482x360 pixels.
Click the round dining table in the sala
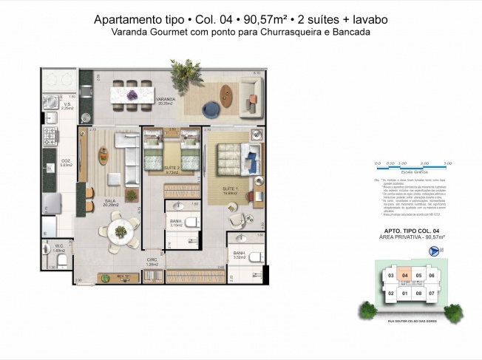point(120,228)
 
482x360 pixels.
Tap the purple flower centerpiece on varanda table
point(132,94)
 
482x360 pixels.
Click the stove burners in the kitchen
point(52,136)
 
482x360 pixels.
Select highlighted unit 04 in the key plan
point(404,276)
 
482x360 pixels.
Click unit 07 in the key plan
point(432,293)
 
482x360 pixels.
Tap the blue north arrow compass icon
point(433,250)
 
